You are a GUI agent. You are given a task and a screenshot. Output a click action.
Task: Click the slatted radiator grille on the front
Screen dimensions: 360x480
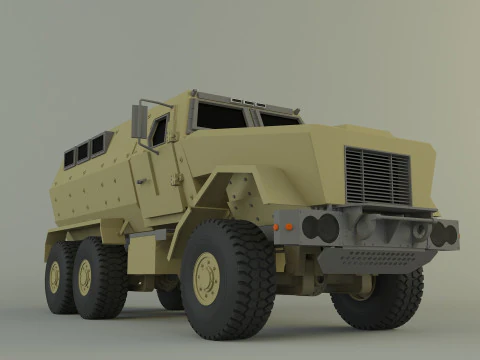378,176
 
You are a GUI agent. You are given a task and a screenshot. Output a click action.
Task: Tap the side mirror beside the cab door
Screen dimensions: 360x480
139,121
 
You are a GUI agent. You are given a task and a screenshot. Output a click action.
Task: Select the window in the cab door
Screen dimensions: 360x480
160,130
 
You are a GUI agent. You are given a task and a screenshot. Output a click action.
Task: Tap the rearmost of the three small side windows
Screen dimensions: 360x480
70,158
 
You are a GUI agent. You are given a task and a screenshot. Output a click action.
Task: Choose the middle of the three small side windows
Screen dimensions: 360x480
83,152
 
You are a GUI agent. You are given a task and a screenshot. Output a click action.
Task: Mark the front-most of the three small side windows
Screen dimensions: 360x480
98,146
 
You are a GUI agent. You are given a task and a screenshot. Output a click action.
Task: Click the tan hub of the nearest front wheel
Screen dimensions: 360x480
206,278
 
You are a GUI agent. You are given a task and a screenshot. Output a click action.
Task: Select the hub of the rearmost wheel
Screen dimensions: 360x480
55,277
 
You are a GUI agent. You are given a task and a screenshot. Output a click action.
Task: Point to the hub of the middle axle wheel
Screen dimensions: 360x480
85,277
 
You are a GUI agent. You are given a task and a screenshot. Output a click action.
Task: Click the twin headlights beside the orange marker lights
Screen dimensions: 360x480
321,228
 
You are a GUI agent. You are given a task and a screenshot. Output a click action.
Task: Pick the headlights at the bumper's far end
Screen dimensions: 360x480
442,235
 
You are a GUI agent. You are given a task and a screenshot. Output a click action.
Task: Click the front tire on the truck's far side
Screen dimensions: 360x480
385,298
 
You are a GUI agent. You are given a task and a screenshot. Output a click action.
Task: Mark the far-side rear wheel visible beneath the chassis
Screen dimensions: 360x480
171,297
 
